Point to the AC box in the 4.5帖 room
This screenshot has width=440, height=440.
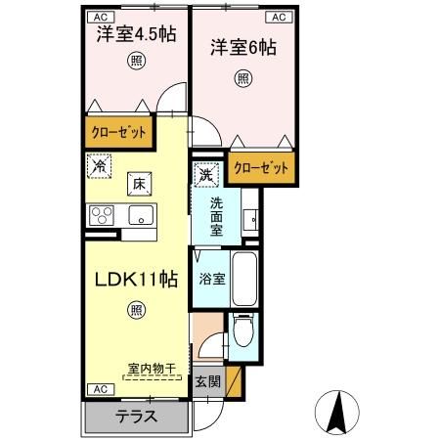[99, 17]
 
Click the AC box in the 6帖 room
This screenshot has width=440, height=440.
[277, 17]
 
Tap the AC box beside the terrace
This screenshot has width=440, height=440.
[99, 388]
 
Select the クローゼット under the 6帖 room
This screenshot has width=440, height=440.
[261, 168]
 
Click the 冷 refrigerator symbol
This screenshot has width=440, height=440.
[98, 166]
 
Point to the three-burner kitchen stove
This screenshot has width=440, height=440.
[103, 215]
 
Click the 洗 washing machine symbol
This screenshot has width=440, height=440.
[205, 175]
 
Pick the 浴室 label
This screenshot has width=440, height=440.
[212, 278]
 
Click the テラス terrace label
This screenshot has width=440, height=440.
[135, 415]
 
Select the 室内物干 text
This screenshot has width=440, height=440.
[151, 369]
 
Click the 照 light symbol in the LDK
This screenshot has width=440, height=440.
[134, 311]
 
